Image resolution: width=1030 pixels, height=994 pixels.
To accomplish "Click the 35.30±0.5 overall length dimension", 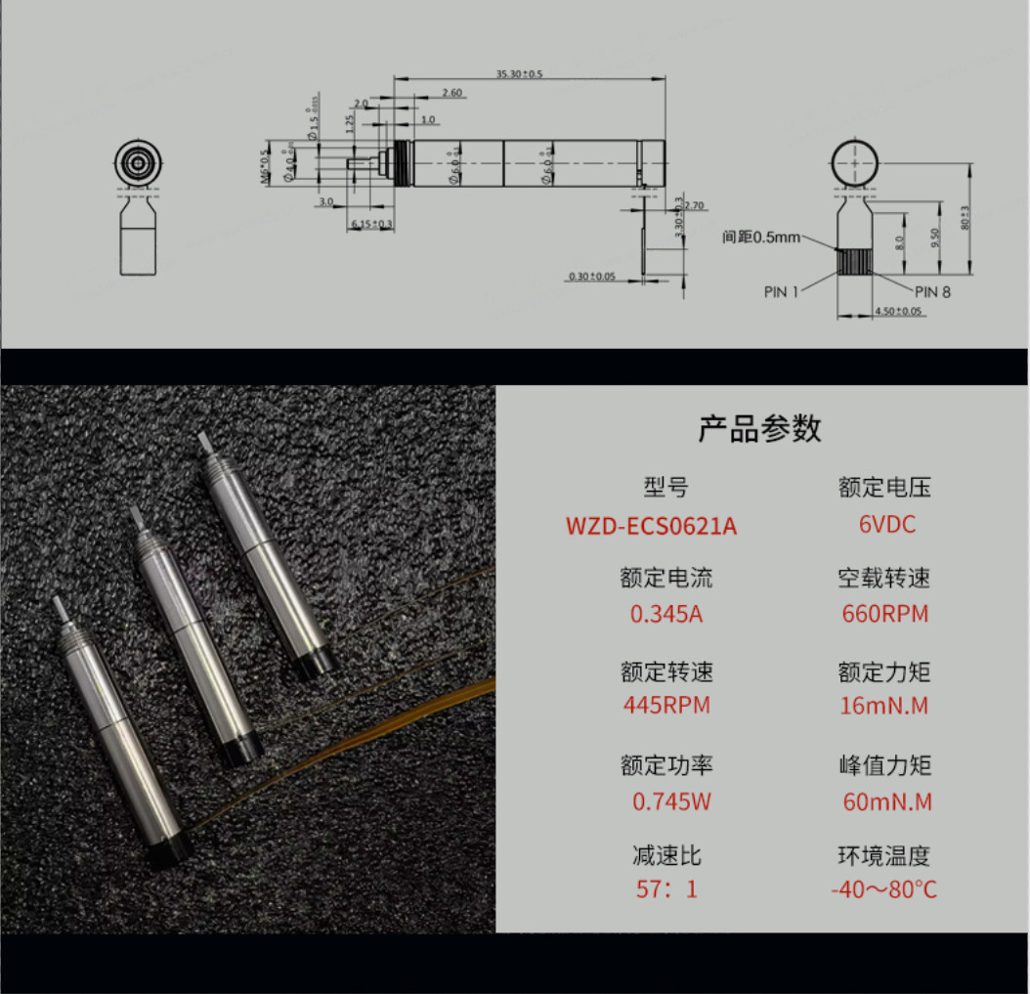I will [518, 74].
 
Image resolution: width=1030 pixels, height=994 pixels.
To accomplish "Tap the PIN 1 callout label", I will [781, 291].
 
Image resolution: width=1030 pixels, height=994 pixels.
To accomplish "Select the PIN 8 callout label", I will [932, 291].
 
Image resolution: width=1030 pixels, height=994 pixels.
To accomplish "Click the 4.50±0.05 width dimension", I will [898, 312].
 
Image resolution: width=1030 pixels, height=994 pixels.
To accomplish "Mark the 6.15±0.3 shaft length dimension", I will [371, 225].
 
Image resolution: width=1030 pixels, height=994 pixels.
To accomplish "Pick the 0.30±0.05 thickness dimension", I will [592, 277].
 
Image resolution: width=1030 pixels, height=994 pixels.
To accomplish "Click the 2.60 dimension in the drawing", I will [451, 93].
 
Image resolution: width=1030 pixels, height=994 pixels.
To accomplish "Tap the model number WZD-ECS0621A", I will [651, 526].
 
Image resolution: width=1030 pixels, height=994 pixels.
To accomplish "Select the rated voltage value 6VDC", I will [886, 524].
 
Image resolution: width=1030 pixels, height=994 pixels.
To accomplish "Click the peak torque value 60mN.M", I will [886, 802].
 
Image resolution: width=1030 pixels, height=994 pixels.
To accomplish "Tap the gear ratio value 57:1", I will [666, 890].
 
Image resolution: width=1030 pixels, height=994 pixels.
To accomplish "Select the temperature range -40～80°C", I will [883, 890].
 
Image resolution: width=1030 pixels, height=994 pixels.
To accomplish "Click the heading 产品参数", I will [759, 428].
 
